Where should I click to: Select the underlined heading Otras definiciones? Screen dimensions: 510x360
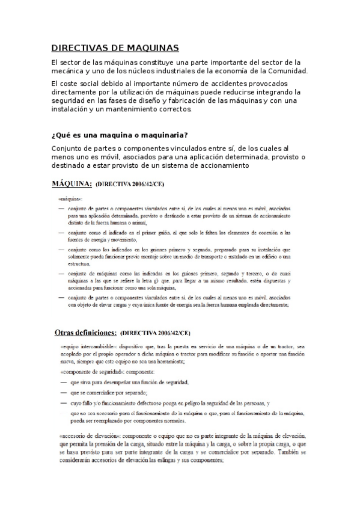point(85,332)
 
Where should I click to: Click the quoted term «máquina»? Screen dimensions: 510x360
point(70,198)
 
